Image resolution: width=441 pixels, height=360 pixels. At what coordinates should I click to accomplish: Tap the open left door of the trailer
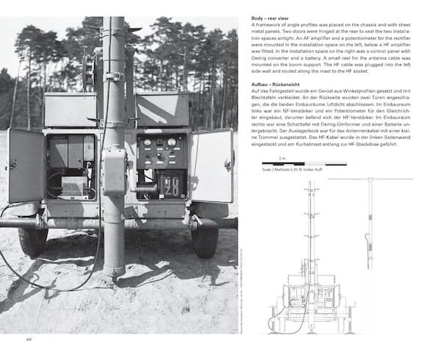click(26, 166)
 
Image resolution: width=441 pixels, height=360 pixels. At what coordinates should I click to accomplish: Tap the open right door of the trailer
click(211, 165)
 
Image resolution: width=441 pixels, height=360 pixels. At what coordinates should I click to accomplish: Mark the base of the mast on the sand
click(115, 270)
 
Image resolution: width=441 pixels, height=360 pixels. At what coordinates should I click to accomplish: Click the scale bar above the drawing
click(283, 184)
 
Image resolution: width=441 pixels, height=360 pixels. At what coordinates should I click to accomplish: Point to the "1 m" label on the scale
click(282, 179)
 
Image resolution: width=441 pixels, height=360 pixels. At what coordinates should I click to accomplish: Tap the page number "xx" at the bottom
click(29, 339)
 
